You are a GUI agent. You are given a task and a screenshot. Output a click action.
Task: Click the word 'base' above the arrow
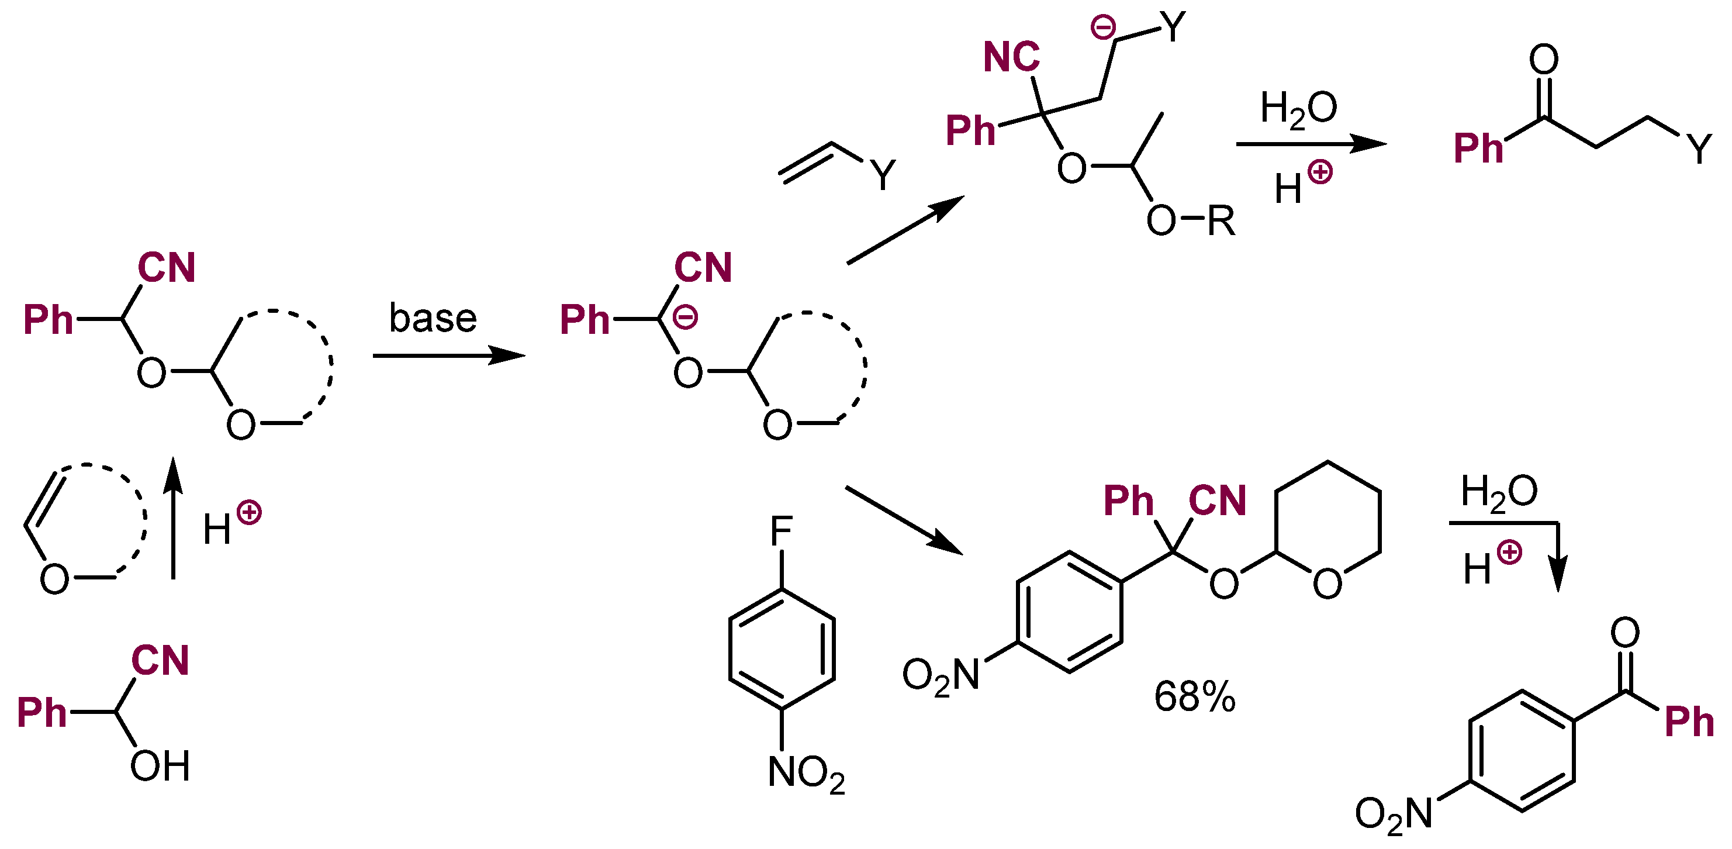433,317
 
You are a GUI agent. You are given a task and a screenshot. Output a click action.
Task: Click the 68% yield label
1194,696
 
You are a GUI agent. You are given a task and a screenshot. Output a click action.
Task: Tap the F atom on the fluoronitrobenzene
782,532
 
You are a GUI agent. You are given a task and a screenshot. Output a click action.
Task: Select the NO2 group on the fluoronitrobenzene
805,773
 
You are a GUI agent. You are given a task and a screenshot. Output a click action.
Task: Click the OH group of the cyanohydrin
160,765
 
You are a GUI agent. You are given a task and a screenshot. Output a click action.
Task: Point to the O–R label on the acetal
1190,220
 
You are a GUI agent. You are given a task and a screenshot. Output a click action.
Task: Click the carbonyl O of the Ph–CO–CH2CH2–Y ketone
1543,59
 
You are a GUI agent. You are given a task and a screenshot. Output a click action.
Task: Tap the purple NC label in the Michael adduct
1011,57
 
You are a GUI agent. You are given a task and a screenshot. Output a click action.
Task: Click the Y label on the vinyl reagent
883,175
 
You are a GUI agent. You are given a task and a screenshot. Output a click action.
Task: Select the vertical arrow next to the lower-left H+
174,518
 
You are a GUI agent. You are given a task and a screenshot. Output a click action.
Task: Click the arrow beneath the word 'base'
448,354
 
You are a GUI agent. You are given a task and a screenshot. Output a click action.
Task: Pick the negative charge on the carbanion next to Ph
685,317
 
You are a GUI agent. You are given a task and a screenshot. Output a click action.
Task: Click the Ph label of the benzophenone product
1688,723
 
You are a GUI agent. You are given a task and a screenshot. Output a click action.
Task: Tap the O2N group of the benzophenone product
1393,814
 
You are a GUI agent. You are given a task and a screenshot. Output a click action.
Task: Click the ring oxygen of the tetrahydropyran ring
1327,584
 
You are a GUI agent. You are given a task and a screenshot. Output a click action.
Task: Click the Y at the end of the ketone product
1699,149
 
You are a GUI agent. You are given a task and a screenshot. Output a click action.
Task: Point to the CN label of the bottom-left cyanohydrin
160,660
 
